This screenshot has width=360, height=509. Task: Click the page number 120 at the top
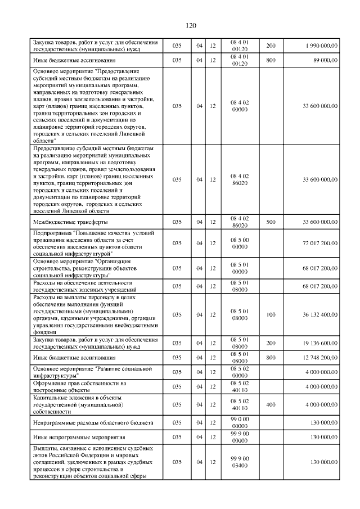click(190, 25)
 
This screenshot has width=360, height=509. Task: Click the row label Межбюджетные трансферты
click(65, 222)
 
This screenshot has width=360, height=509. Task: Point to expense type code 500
click(271, 222)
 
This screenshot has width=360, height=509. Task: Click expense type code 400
click(271, 404)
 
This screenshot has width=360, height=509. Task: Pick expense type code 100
click(271, 314)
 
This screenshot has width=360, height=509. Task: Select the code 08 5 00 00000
click(240, 243)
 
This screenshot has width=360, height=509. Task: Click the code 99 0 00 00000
click(240, 422)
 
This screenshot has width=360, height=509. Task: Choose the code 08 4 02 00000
click(240, 106)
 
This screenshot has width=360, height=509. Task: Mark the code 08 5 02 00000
click(240, 372)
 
